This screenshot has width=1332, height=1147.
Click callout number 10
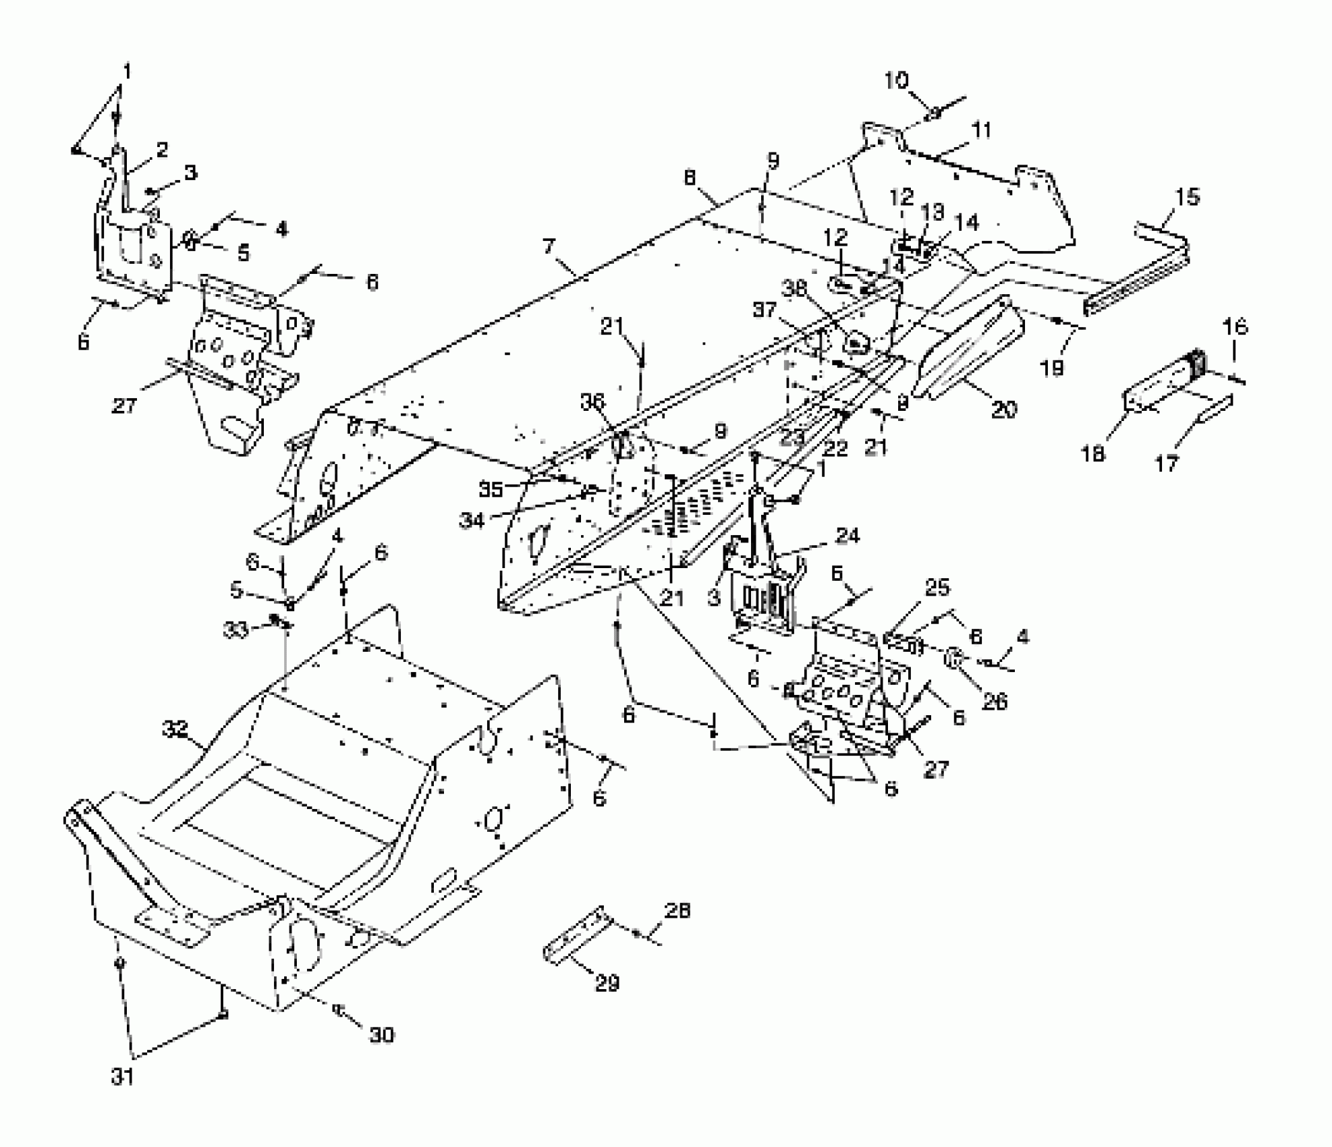click(897, 81)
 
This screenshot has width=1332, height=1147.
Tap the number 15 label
click(1187, 197)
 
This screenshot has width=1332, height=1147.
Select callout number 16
click(1235, 327)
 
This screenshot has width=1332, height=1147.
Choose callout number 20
click(1003, 409)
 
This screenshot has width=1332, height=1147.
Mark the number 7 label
click(549, 246)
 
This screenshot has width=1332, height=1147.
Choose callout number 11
click(982, 130)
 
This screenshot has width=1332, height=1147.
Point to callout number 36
click(592, 403)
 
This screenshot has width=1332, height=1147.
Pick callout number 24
click(848, 536)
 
